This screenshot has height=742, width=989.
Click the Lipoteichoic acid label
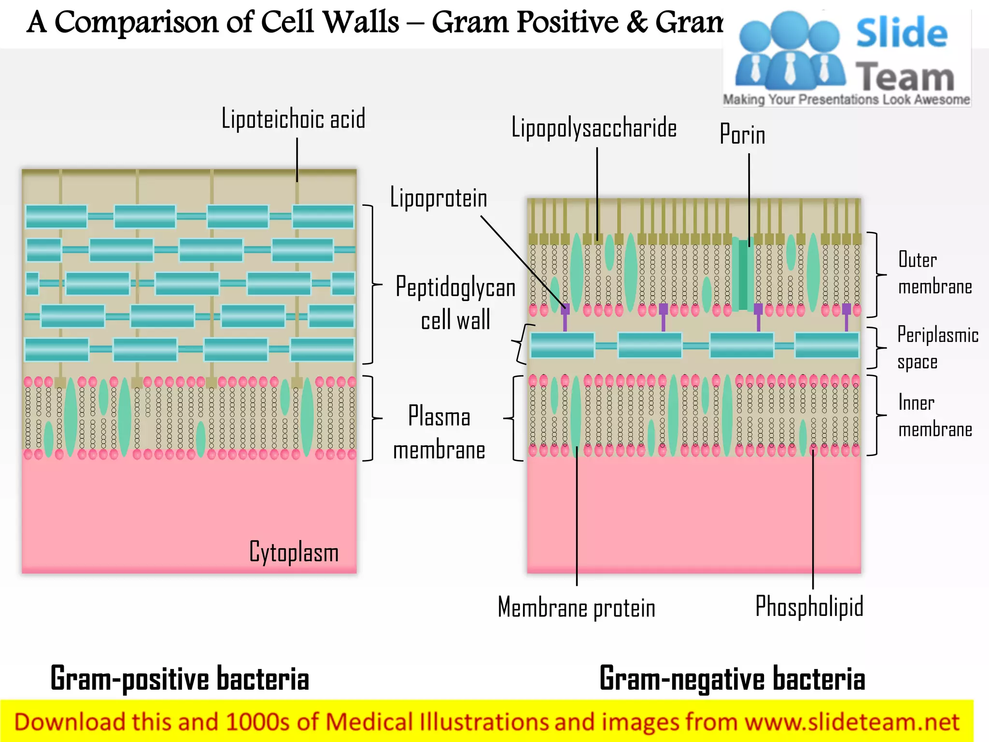(293, 119)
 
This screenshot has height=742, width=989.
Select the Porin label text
(742, 135)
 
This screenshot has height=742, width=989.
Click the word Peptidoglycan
(455, 287)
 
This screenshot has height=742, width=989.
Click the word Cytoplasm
(294, 552)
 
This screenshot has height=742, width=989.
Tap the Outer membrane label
(934, 273)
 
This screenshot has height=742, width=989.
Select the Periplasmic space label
(937, 348)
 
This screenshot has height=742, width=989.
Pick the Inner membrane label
(934, 416)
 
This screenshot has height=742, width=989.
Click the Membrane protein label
(577, 608)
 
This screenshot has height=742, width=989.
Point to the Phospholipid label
(809, 607)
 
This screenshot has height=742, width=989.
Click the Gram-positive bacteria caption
(180, 679)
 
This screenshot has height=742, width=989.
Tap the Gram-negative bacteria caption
(732, 679)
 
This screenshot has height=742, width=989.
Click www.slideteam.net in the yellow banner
(851, 722)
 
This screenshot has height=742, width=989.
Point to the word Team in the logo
(904, 77)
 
